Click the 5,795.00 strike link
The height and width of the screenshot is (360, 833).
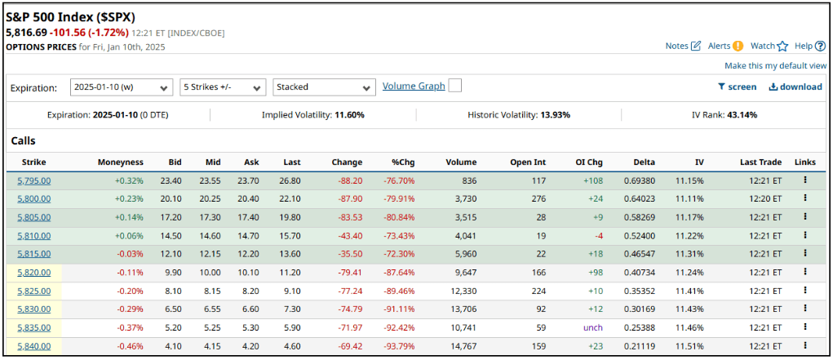tap(33, 180)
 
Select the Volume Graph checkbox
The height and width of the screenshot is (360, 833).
tap(455, 86)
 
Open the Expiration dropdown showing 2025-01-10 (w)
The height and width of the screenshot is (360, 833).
tap(121, 87)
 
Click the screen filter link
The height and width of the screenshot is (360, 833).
tap(737, 87)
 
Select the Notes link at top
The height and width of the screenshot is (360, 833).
tap(683, 46)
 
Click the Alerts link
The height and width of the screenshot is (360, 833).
tap(725, 46)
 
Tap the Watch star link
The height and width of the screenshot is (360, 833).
tap(769, 46)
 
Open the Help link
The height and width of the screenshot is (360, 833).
tap(809, 46)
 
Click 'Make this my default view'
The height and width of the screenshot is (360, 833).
tap(775, 65)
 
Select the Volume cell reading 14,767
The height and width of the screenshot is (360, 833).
tap(460, 345)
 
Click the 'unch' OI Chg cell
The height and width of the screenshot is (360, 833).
tap(592, 327)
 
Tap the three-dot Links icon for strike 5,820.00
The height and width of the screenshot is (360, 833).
tap(804, 272)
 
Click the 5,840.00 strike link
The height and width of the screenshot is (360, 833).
tap(33, 345)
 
